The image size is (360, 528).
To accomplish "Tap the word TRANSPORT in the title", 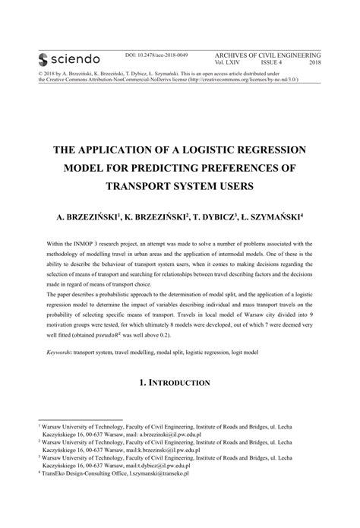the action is point(141,185).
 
